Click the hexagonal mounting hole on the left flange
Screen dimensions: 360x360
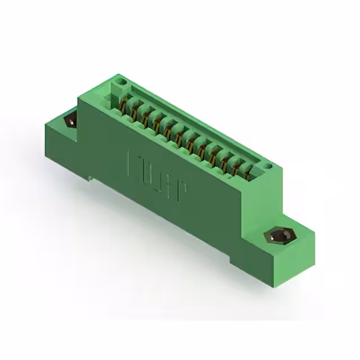click(x=71, y=120)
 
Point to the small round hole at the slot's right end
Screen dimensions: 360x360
click(x=269, y=167)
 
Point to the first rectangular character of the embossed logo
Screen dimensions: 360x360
click(x=136, y=163)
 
